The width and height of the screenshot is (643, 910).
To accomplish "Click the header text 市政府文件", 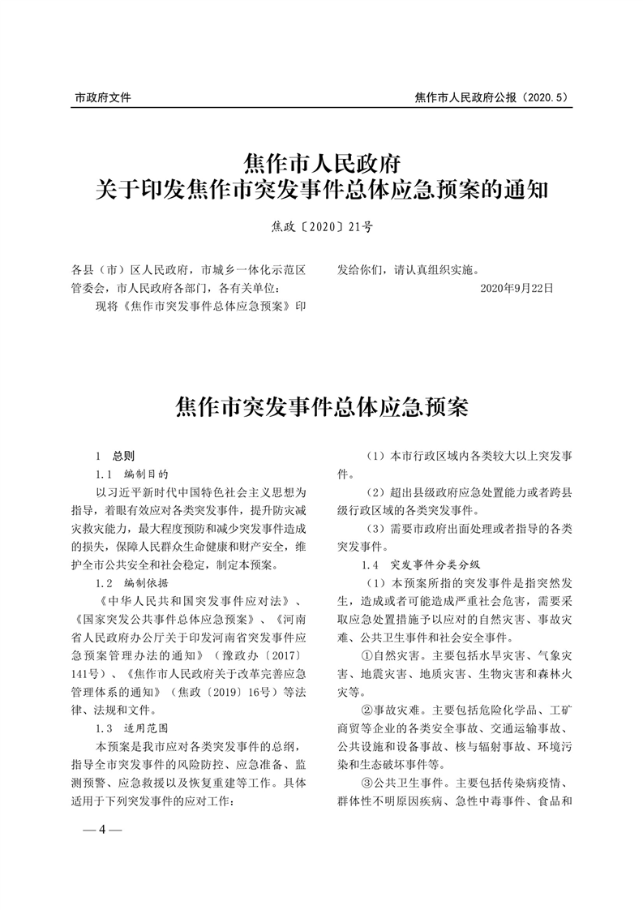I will pos(103,97).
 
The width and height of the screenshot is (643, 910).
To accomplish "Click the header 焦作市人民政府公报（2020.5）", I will pos(491,97).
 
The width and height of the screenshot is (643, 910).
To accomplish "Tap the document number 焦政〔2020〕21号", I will pos(322,227).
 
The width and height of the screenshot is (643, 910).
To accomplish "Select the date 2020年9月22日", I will pos(517,288).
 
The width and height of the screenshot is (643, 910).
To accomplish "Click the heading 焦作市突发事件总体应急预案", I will pos(322,406).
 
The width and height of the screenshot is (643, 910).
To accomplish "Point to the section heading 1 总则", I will pos(115,456).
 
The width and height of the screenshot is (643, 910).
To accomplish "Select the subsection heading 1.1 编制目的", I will pos(131,474).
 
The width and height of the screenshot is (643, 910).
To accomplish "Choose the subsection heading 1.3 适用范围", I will pos(131,728).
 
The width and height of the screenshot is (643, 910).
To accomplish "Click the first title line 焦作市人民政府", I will pos(322,159).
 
